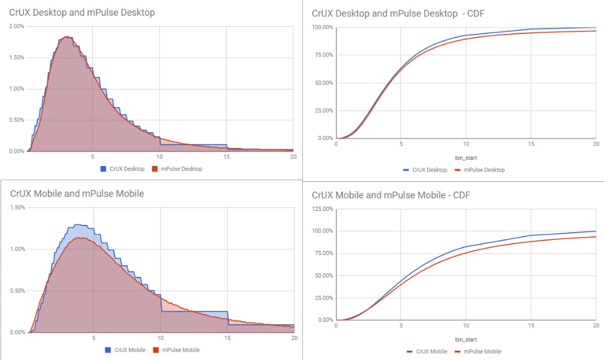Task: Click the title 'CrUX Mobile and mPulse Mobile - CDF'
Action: (391, 195)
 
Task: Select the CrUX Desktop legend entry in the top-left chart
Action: (124, 169)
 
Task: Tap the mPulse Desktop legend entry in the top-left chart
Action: (180, 169)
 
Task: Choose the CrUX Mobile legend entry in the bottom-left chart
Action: (126, 350)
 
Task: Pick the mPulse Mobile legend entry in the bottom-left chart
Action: (178, 350)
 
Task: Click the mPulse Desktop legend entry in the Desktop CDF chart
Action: (483, 170)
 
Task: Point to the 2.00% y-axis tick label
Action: (16, 27)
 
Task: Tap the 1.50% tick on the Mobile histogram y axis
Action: (16, 208)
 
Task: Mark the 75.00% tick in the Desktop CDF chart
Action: (322, 55)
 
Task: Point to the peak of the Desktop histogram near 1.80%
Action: (66, 37)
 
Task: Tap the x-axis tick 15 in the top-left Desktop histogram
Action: (227, 156)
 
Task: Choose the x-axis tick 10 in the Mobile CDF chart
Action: (465, 326)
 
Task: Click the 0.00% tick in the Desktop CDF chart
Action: (324, 138)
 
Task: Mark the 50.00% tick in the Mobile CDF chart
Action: (322, 276)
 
